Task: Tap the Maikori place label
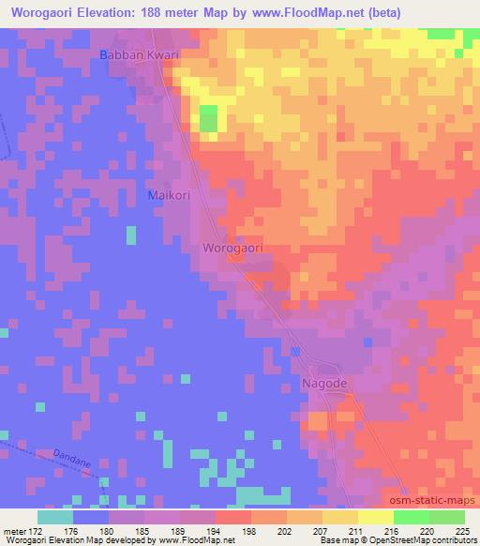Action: pyautogui.click(x=169, y=195)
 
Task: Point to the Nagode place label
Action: pyautogui.click(x=325, y=385)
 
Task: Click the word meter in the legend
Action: pyautogui.click(x=16, y=532)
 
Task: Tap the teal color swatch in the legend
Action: pyautogui.click(x=55, y=517)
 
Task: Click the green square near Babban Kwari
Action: pyautogui.click(x=208, y=118)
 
